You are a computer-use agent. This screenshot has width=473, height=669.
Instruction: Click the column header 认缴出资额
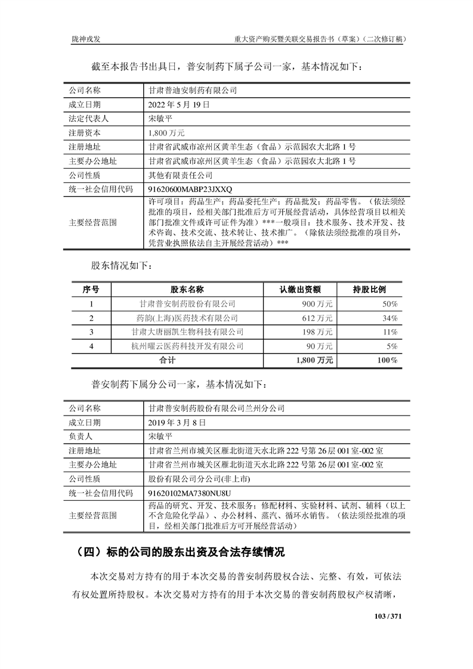(300, 290)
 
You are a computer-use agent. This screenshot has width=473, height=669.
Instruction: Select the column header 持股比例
(370, 290)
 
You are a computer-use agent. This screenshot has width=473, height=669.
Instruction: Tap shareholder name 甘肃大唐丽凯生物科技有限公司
(187, 332)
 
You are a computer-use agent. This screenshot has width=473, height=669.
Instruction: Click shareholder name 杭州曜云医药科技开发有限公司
(187, 346)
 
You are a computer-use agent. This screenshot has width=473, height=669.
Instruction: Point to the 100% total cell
(387, 360)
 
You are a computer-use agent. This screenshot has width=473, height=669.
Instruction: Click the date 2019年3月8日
(177, 422)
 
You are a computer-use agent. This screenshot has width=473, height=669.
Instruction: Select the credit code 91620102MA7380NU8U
(188, 493)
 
